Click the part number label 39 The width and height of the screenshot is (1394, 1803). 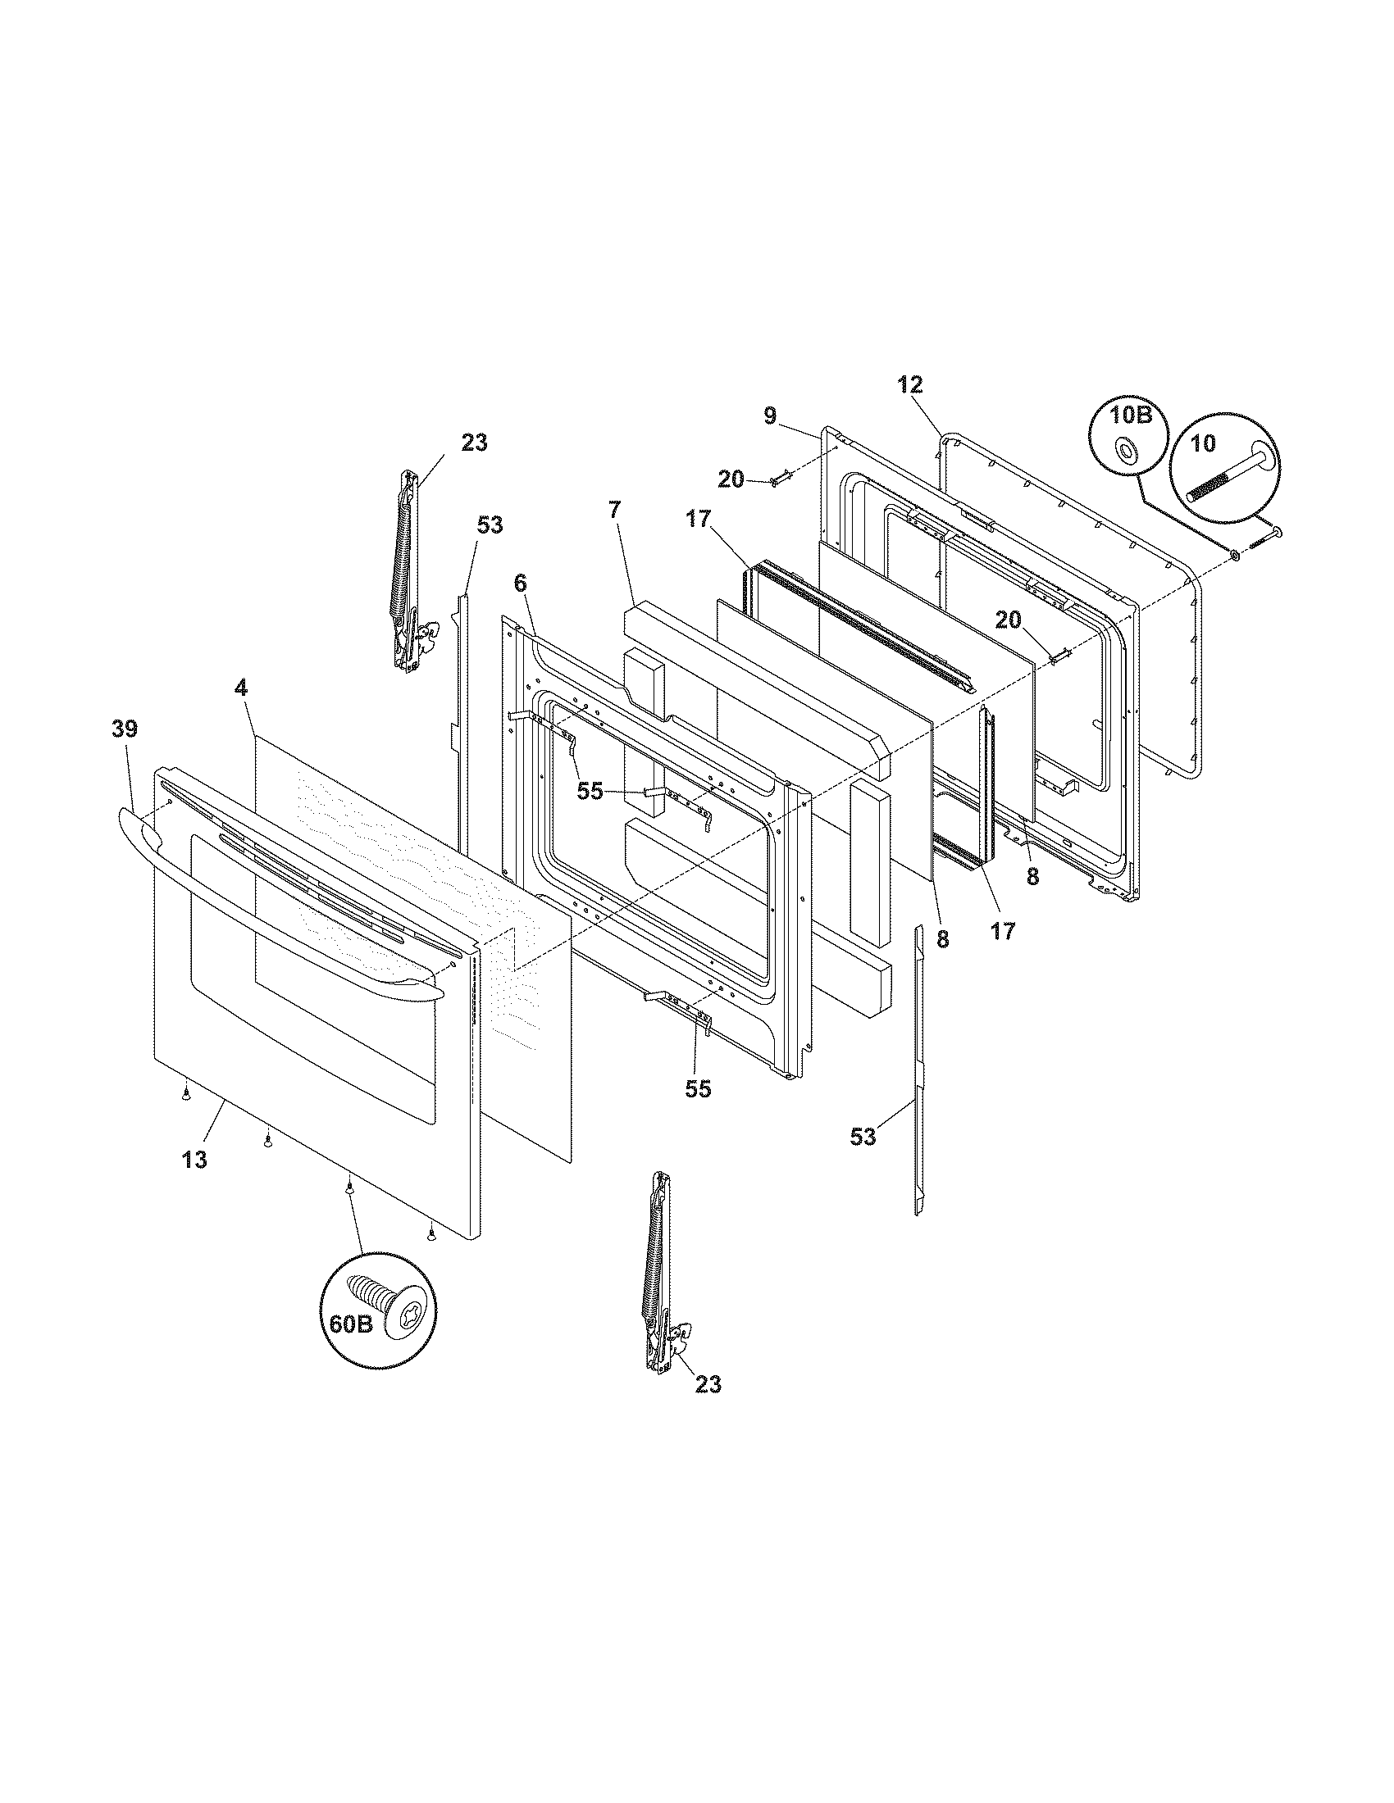(x=125, y=729)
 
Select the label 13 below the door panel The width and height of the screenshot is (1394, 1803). (x=194, y=1159)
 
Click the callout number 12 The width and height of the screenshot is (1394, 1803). (x=910, y=384)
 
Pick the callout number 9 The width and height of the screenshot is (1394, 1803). (x=770, y=416)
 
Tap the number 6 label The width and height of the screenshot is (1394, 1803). (x=519, y=582)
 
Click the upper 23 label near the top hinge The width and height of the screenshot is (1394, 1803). (x=474, y=443)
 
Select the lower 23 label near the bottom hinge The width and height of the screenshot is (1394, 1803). (x=708, y=1384)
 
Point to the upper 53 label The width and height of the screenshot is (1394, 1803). (x=490, y=525)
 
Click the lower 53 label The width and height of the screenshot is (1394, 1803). (x=863, y=1137)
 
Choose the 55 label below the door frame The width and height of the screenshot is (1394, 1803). (x=698, y=1089)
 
